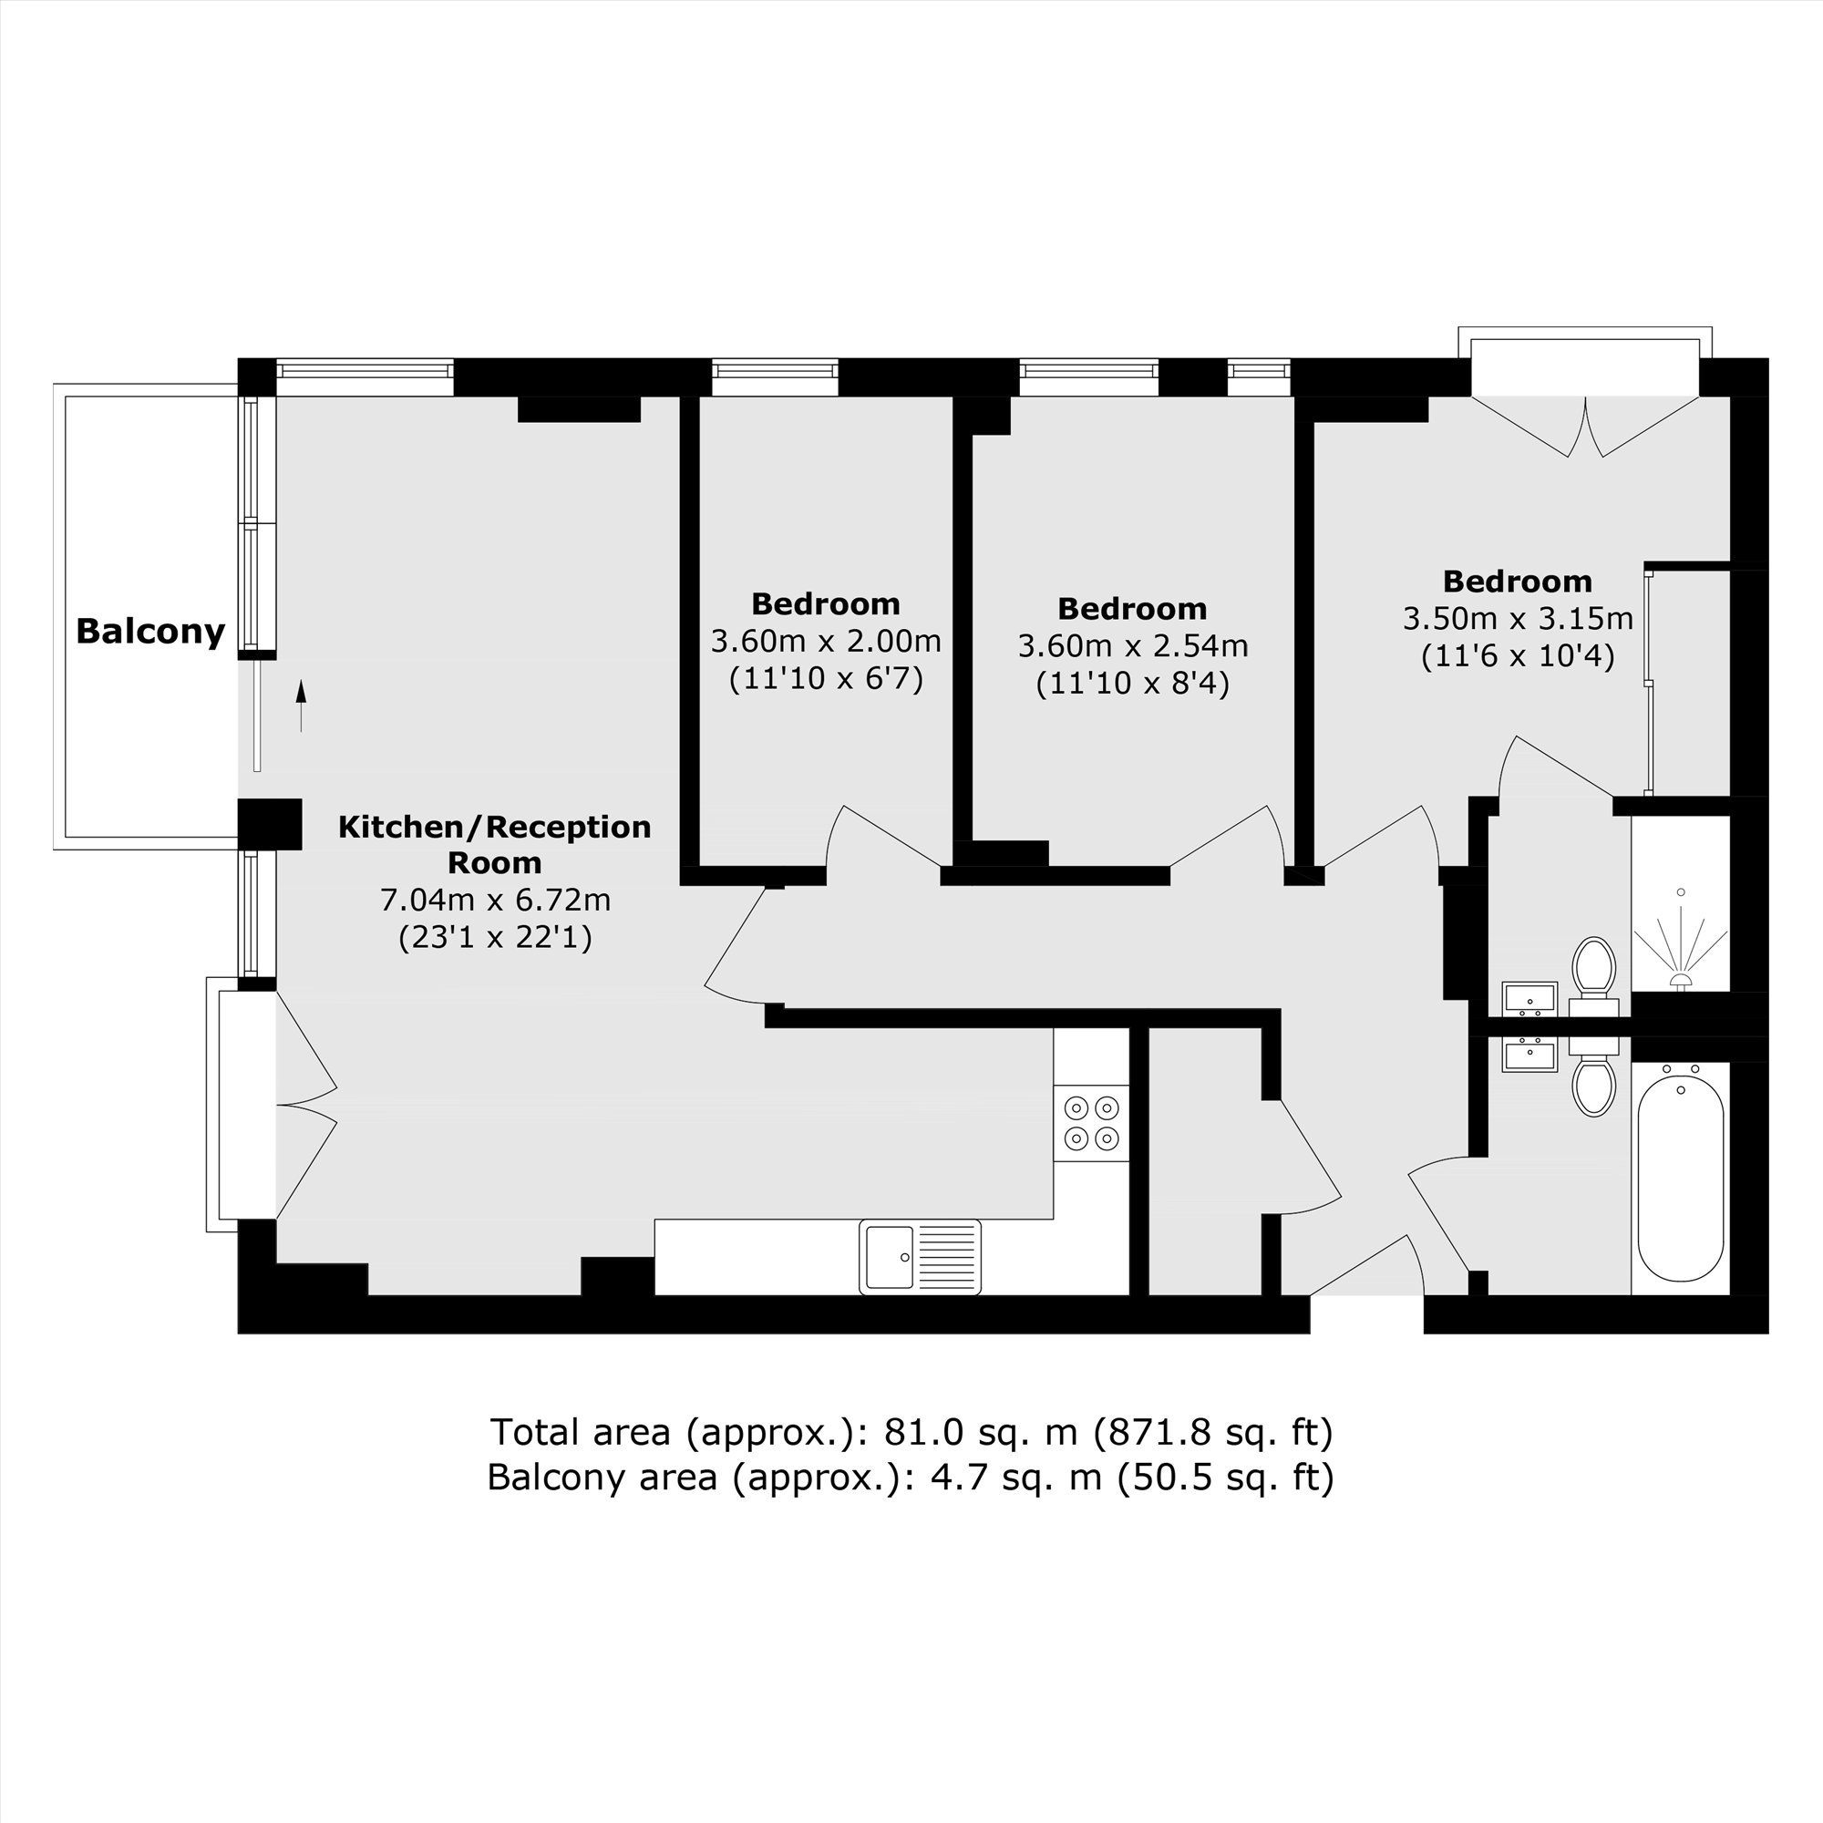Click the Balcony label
(151, 633)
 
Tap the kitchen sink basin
(888, 1257)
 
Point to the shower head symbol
(1681, 982)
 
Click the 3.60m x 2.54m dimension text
(1132, 646)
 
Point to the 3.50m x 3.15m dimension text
(1518, 619)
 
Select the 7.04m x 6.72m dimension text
(495, 901)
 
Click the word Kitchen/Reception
(494, 828)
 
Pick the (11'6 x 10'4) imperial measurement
(1518, 655)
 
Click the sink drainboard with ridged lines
(947, 1257)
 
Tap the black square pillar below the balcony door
(270, 824)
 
